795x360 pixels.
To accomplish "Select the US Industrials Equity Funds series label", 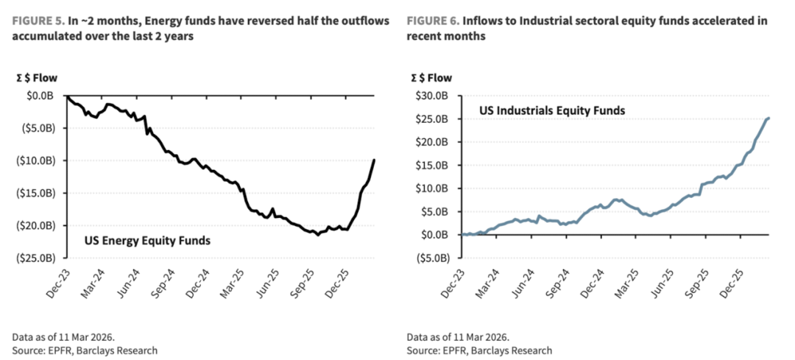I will pyautogui.click(x=552, y=111).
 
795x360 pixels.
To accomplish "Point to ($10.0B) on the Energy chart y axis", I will pyautogui.click(x=38, y=160).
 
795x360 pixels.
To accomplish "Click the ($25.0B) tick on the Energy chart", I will pyautogui.click(x=38, y=258).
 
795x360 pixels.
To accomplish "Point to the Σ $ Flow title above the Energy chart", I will pyautogui.click(x=37, y=77).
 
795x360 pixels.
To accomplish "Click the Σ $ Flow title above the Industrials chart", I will pyautogui.click(x=432, y=77).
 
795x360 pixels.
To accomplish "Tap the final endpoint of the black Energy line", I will pyautogui.click(x=375, y=160).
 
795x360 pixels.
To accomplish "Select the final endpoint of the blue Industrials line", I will pyautogui.click(x=769, y=119).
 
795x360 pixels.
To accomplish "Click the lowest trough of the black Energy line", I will pyautogui.click(x=318, y=235).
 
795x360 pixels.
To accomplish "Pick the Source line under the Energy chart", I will pyautogui.click(x=85, y=350).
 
